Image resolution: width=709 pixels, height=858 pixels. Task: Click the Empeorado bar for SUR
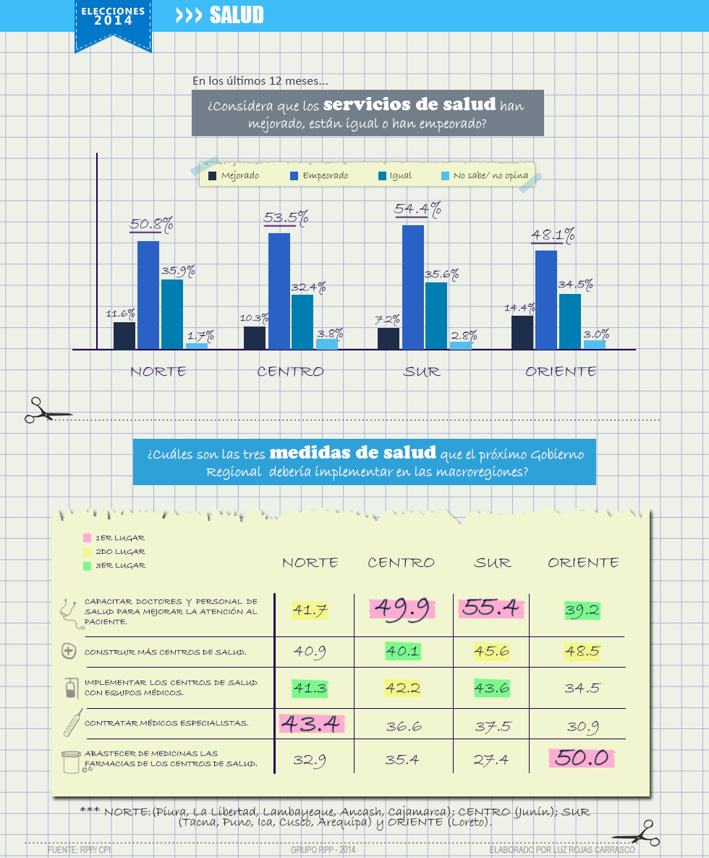[413, 287]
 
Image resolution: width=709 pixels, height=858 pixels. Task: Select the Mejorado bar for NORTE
[124, 335]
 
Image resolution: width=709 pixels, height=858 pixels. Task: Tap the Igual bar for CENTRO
[302, 321]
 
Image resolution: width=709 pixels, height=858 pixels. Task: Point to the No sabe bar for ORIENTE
[595, 345]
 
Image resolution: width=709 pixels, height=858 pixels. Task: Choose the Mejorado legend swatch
[212, 175]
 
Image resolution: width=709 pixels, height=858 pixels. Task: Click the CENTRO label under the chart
[290, 371]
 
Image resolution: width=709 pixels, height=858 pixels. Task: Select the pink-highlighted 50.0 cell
[581, 758]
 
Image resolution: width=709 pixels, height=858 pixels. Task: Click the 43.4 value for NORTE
[310, 723]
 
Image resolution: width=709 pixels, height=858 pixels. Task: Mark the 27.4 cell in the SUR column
[492, 760]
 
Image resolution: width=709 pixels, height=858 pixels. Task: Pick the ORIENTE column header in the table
[583, 563]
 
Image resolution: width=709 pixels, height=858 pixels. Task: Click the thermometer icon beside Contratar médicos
[70, 723]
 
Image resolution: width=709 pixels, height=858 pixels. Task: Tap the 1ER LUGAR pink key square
[87, 538]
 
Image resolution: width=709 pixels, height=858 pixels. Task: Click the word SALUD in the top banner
[237, 15]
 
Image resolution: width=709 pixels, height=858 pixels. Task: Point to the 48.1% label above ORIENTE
[553, 235]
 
